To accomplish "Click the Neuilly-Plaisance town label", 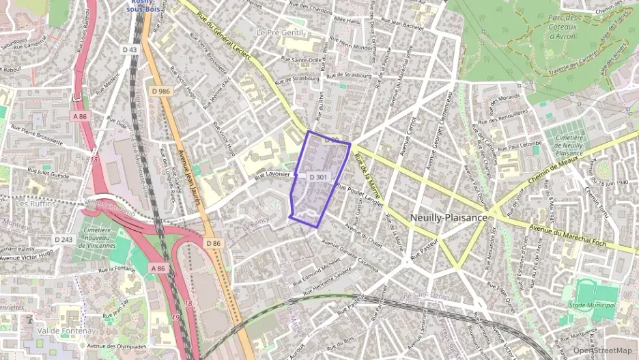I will tap(449, 217).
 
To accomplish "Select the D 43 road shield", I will tap(130, 50).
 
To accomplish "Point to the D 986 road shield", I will tap(161, 91).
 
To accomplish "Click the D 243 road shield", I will tap(63, 239).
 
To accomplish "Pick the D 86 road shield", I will tap(214, 243).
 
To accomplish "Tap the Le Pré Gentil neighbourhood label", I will tap(279, 32).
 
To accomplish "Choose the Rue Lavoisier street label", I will tap(273, 176).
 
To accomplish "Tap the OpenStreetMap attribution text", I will tap(603, 350).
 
